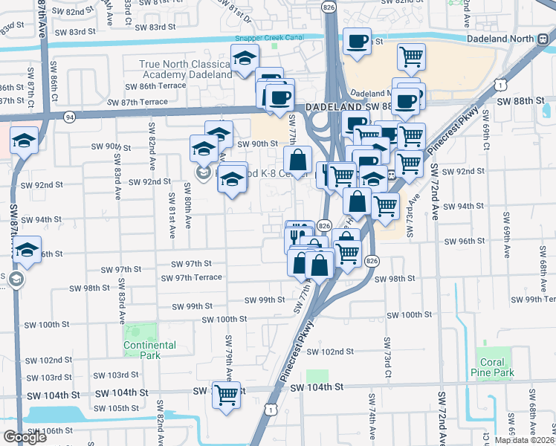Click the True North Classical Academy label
186,70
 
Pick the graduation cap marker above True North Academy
243,59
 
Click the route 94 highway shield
70,117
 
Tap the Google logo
25,437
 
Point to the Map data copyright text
525,440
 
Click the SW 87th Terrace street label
138,102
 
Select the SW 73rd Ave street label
412,216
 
